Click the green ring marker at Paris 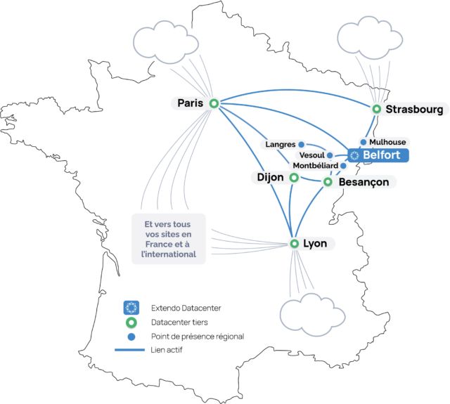pos(214,103)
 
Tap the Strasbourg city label pos(414,110)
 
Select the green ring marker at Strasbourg pos(377,109)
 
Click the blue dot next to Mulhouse pos(364,142)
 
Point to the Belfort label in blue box pos(381,155)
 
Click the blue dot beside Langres pos(301,144)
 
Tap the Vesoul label pos(311,155)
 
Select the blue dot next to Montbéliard pos(343,165)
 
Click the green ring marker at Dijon pos(294,178)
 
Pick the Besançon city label pos(364,182)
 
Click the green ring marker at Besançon pos(328,182)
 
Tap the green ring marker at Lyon pos(294,244)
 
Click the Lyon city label pos(315,244)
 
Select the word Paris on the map pos(191,103)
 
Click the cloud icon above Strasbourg pos(370,38)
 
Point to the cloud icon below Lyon pos(312,315)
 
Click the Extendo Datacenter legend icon pos(131,308)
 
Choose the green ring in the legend pos(131,322)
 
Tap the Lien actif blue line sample pos(129,350)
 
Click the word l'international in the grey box pos(169,254)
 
